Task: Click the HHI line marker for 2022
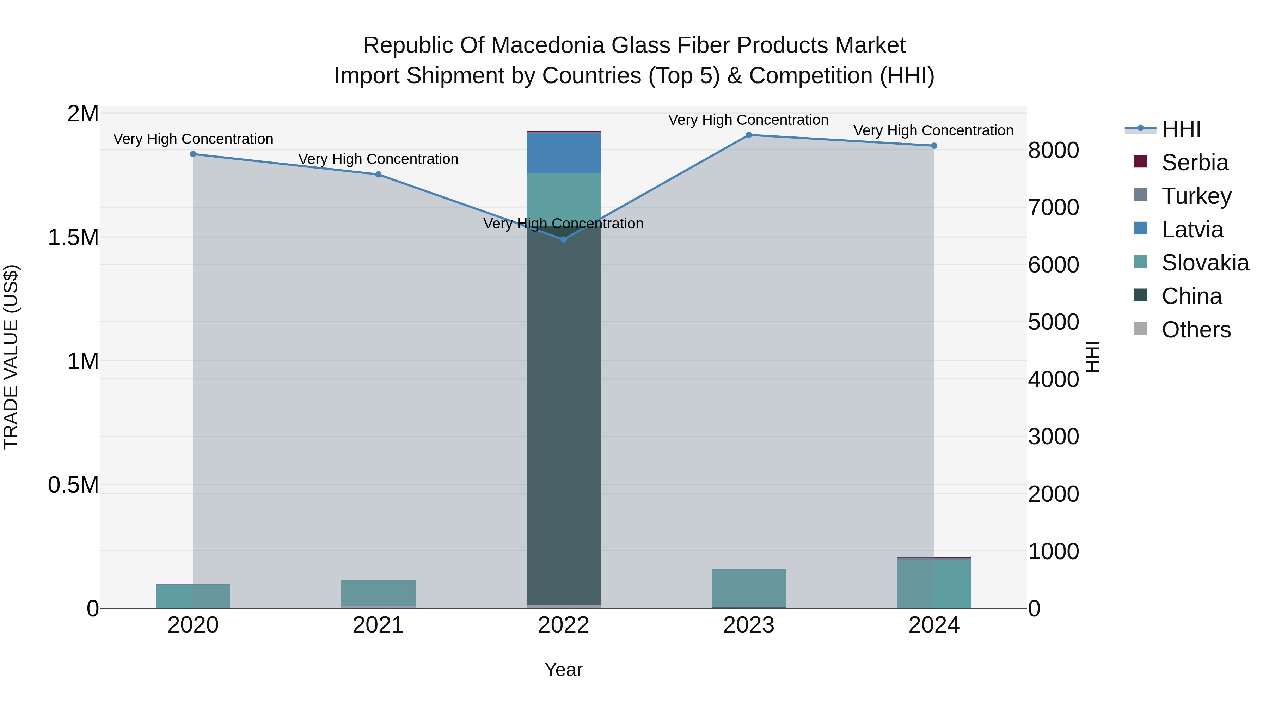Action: pyautogui.click(x=564, y=239)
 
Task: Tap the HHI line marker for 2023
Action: pyautogui.click(x=749, y=135)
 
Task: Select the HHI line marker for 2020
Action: pyautogui.click(x=193, y=154)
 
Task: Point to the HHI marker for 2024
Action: pyautogui.click(x=934, y=146)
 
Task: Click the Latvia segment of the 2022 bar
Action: pyautogui.click(x=564, y=153)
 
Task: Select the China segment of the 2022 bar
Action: pyautogui.click(x=564, y=419)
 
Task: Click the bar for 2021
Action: pyautogui.click(x=378, y=593)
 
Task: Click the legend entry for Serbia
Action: pyautogui.click(x=1194, y=163)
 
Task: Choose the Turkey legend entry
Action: pyautogui.click(x=1196, y=196)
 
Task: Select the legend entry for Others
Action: pyautogui.click(x=1196, y=330)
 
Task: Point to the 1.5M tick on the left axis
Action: pyautogui.click(x=73, y=238)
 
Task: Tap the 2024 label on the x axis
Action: pyautogui.click(x=934, y=625)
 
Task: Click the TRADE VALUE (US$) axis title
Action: pyautogui.click(x=11, y=357)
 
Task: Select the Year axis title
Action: pyautogui.click(x=564, y=670)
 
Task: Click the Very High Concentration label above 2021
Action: pyautogui.click(x=378, y=159)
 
